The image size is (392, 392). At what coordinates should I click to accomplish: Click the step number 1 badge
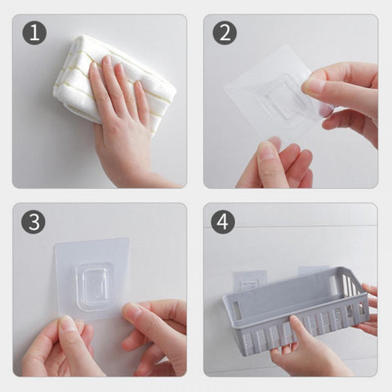[34, 33]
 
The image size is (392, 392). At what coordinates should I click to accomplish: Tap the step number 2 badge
[225, 33]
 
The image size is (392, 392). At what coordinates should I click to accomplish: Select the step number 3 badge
[33, 222]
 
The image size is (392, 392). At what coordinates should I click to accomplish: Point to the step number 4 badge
[223, 222]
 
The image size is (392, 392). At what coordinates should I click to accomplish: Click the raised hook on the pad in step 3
[94, 286]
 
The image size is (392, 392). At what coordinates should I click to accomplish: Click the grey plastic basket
[296, 310]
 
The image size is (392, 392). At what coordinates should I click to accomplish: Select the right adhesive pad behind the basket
[313, 271]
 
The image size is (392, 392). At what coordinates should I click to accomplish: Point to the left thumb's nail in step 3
[66, 323]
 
